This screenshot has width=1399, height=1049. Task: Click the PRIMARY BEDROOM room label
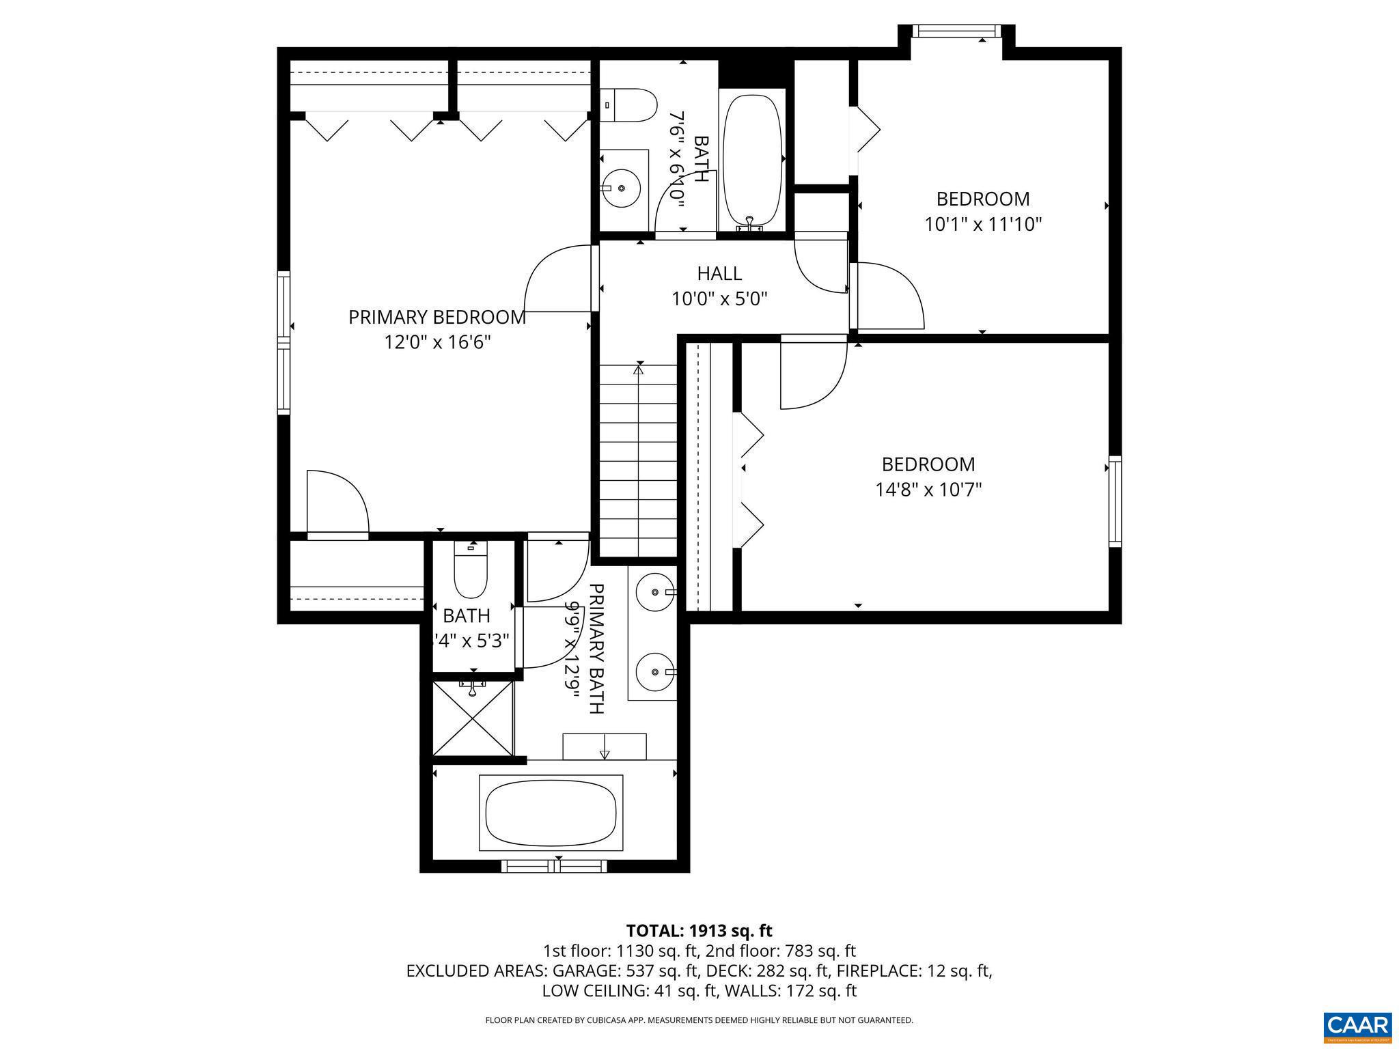point(437,317)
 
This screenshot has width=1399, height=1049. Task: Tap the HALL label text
point(719,273)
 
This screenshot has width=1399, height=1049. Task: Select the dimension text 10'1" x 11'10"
point(982,224)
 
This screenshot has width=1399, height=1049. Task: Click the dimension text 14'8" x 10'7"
point(928,490)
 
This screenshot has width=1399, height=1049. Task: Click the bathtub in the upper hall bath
point(752,160)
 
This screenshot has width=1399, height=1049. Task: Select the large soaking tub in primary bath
point(551,813)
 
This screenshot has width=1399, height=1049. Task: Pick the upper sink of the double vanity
point(656,591)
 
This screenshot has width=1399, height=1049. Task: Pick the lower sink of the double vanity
point(656,672)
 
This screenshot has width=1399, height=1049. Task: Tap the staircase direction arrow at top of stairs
point(639,370)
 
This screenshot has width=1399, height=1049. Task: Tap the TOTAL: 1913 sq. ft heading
point(699,930)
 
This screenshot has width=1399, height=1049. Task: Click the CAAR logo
point(1357,1026)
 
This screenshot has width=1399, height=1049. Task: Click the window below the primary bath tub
point(554,866)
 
